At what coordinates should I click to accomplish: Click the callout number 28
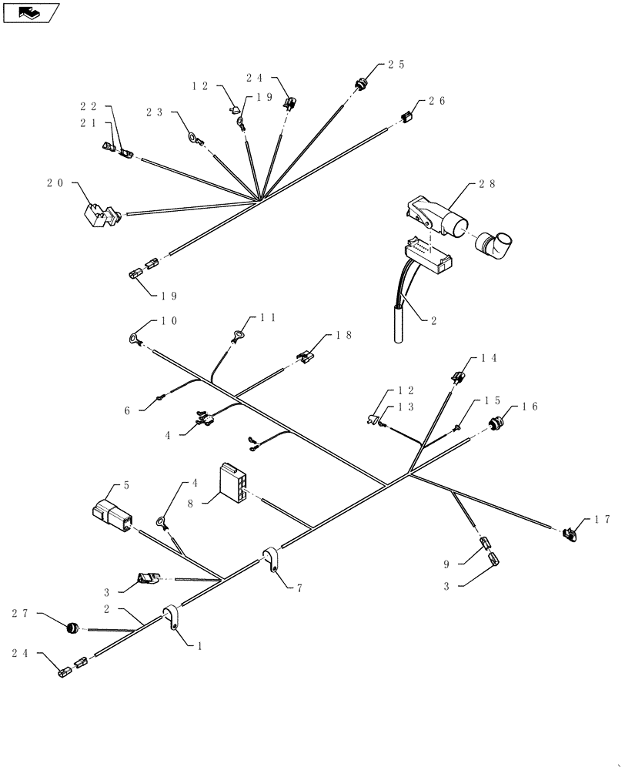486,184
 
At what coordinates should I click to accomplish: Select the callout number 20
55,183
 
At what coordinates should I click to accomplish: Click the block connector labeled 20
100,214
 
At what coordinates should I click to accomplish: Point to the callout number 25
396,65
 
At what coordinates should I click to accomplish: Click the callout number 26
436,101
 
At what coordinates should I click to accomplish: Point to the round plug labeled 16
493,423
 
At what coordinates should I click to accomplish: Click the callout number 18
343,336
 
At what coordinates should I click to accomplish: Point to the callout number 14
489,358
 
